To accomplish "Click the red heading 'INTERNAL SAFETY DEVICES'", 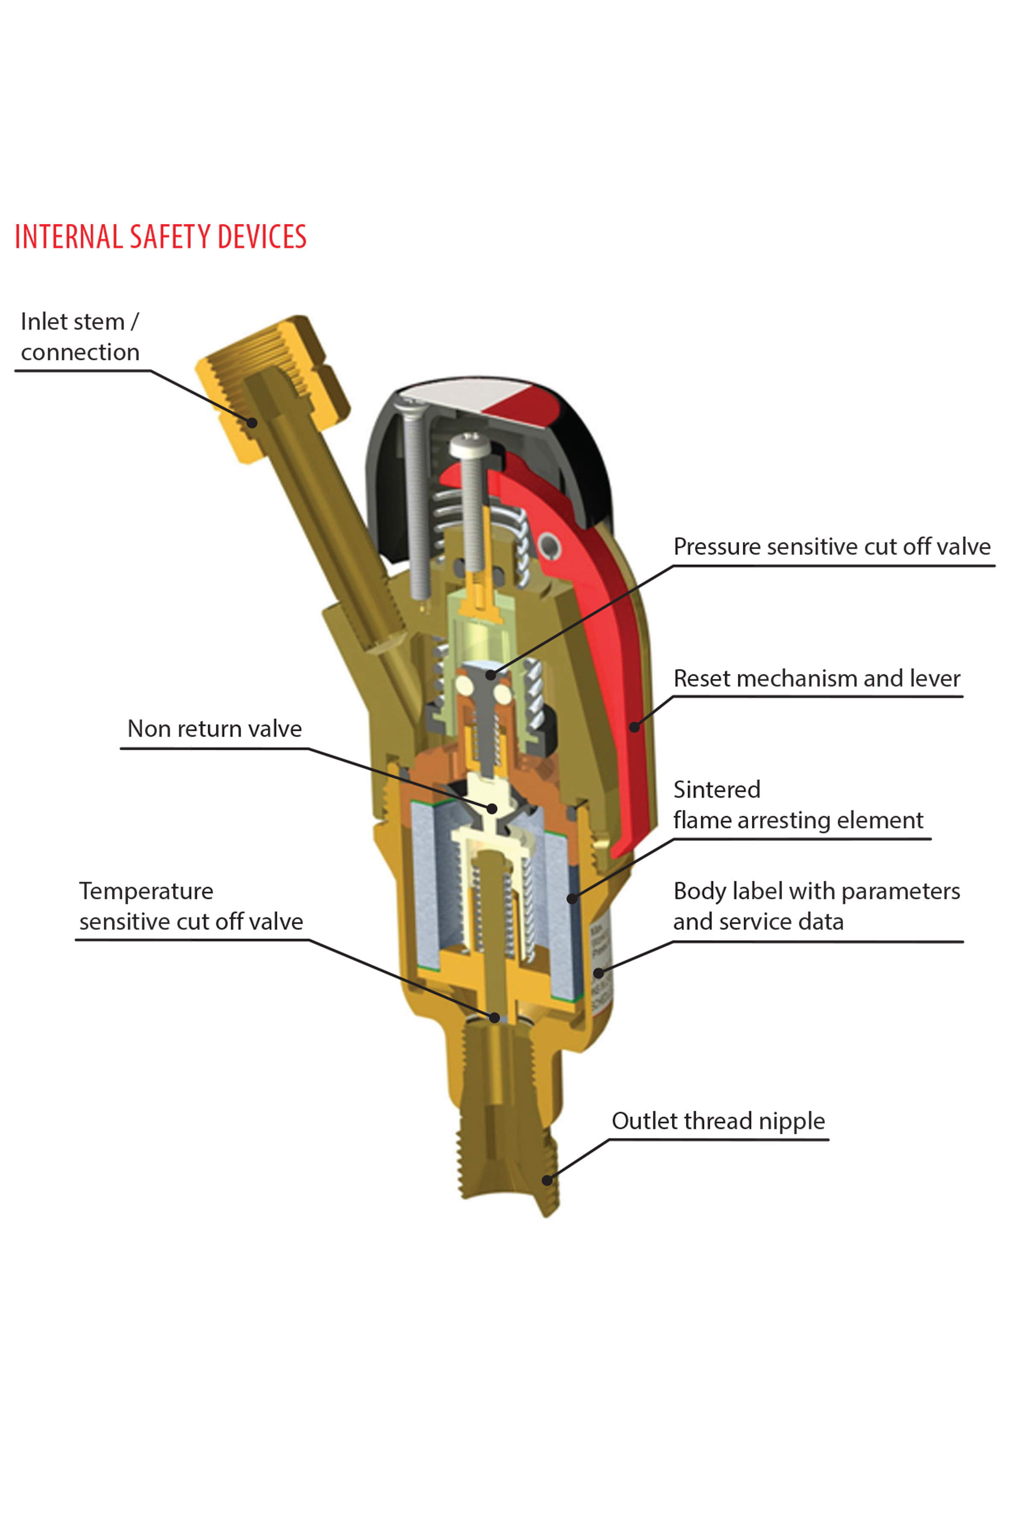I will tap(160, 237).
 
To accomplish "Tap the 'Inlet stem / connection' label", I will tap(80, 337).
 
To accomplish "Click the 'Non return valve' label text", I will tap(214, 729).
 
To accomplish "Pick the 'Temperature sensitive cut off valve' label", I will tap(191, 906).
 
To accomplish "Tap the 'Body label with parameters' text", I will tap(816, 892).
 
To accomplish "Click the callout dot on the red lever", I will tap(634, 727).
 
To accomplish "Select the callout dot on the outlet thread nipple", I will tap(547, 1180).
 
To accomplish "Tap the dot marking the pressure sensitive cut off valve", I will tap(491, 675).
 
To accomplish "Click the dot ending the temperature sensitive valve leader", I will tap(494, 1018).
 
